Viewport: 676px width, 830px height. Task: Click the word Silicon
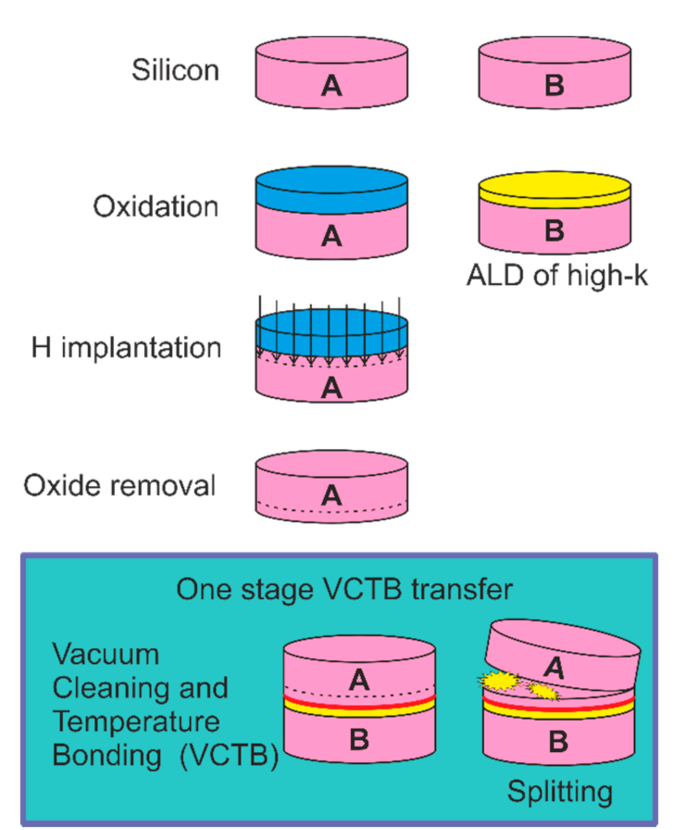point(175,70)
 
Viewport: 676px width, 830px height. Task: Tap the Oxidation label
point(155,207)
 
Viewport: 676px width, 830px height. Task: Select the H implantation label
point(126,347)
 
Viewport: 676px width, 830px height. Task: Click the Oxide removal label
point(120,485)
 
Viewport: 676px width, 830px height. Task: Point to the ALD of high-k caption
point(557,275)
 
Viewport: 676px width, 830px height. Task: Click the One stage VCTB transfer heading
point(344,589)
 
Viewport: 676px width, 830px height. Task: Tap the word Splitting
point(560,791)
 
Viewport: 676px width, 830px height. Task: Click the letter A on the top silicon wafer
point(331,85)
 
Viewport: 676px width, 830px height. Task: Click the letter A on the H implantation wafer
point(331,388)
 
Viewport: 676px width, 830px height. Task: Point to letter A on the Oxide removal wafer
point(331,495)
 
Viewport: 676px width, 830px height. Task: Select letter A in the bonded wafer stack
point(359,679)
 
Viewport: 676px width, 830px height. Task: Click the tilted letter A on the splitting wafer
point(554,667)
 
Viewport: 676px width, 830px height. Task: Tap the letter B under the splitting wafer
point(558,742)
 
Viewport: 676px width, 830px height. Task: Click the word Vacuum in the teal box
point(106,654)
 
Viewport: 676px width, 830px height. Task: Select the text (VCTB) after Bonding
point(230,755)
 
